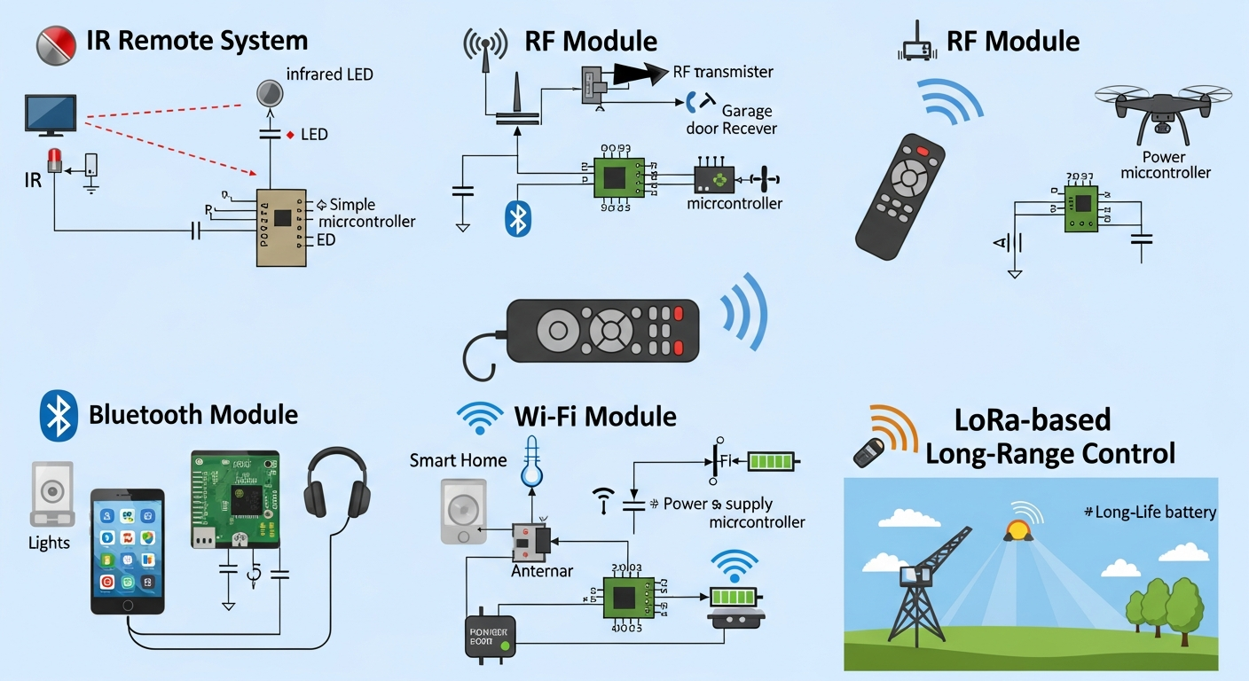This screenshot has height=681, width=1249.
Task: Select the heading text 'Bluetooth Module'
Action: pos(193,415)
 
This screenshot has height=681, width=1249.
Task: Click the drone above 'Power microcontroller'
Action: pos(1163,108)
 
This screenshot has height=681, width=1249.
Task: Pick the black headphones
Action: pos(336,483)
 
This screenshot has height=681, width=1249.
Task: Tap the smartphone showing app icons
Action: pos(128,550)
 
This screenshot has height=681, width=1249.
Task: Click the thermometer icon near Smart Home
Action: pos(531,461)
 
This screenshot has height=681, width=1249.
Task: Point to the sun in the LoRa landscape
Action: pos(1016,530)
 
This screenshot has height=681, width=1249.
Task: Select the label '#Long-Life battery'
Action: pos(1151,512)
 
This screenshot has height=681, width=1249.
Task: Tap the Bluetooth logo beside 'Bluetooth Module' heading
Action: pos(59,416)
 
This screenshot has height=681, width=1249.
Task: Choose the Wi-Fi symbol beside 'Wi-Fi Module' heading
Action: pos(480,416)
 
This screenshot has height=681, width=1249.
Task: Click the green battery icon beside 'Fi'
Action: pos(773,460)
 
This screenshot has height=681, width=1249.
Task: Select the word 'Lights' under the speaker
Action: pos(49,543)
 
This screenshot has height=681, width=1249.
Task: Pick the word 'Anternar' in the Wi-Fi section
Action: pos(542,572)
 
